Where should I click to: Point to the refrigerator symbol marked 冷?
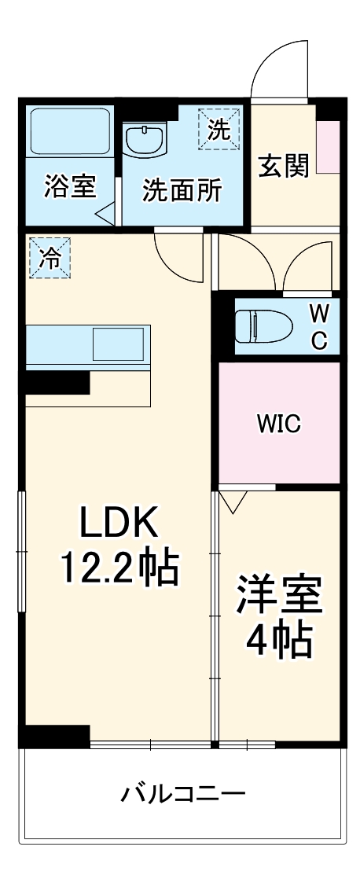[49, 258]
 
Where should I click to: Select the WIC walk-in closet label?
[279, 424]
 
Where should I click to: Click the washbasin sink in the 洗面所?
[145, 141]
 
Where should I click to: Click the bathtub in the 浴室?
[70, 133]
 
